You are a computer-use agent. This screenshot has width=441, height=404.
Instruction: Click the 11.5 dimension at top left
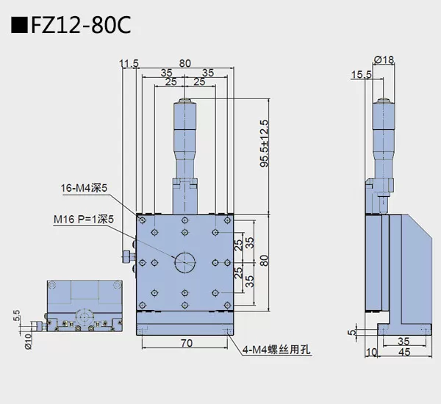point(129,64)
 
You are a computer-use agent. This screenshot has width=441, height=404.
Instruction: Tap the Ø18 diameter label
point(384,59)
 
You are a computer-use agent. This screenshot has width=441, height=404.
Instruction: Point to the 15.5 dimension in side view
point(361,74)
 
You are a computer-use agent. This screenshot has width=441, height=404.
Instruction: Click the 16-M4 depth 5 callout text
point(85,188)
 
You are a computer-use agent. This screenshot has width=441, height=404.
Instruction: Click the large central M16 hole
point(184,262)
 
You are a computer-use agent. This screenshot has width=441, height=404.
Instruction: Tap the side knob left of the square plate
point(127,256)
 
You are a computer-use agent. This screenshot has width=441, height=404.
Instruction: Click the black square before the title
point(20,27)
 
